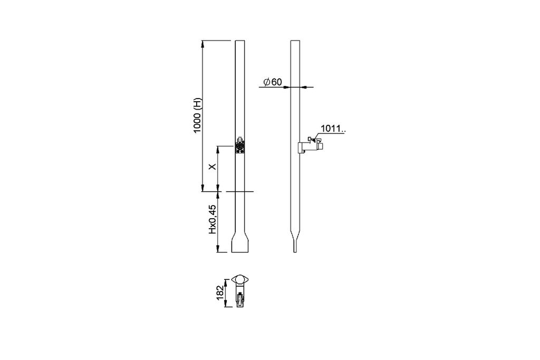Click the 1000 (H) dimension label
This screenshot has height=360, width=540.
pos(197,115)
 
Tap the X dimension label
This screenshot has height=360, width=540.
pos(213,167)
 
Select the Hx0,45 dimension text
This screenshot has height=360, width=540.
pos(213,220)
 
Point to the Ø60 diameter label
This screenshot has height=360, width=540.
pos(273,82)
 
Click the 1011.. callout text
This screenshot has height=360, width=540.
pos(333,129)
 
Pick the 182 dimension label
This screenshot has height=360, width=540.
pos(220,293)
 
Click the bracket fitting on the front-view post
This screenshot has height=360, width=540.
pos(240,146)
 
